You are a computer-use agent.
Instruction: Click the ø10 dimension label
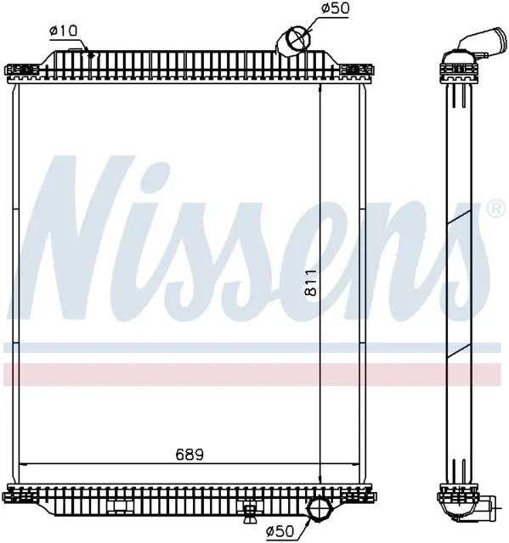coord(64,31)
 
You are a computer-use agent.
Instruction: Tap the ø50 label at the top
coord(335,8)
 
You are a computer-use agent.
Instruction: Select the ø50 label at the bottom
coord(280,530)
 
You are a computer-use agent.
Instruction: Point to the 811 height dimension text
coord(311,283)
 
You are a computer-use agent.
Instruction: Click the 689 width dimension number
coord(189,455)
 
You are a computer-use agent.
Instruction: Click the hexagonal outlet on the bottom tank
coord(319,509)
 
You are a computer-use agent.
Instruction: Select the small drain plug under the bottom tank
coord(248,512)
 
